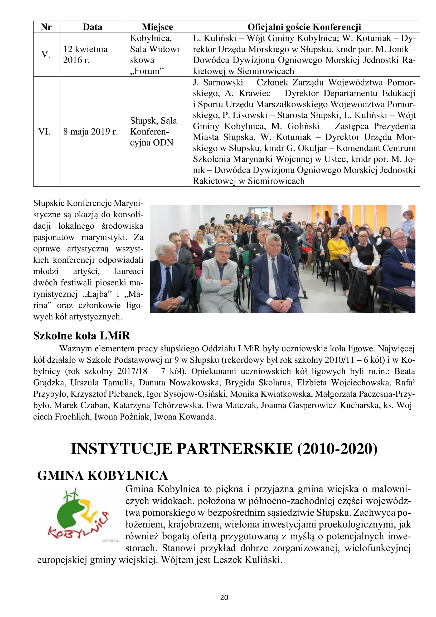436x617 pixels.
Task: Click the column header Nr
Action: click(46, 27)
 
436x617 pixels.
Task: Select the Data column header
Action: click(92, 27)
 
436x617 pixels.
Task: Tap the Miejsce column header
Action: click(157, 27)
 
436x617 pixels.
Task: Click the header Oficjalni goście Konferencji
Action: click(304, 27)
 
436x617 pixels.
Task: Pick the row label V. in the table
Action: click(46, 55)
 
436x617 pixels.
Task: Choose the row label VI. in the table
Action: click(44, 131)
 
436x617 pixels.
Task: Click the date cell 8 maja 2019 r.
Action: click(90, 131)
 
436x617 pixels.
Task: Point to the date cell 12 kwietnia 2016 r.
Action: click(85, 55)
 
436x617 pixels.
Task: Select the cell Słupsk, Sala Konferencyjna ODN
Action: click(153, 131)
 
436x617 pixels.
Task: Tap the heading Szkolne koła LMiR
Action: click(81, 336)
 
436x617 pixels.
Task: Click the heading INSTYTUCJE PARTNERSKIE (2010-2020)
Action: click(224, 449)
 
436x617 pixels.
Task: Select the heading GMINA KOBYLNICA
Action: click(102, 476)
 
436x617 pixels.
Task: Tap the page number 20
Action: click(224, 597)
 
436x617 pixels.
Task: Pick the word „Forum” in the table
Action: click(147, 71)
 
